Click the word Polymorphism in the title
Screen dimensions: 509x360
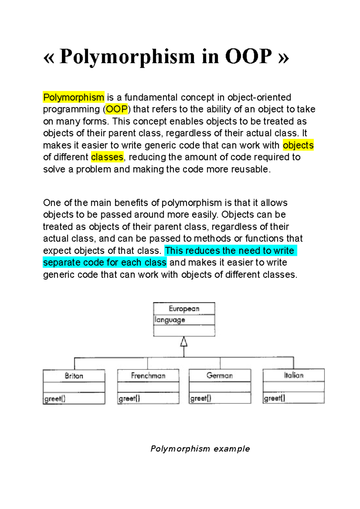(x=127, y=56)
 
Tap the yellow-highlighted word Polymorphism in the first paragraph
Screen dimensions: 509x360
(x=73, y=97)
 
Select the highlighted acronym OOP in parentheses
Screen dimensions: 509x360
(x=117, y=109)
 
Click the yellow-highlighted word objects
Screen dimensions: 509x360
(x=298, y=145)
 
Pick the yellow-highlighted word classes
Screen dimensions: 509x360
(x=107, y=157)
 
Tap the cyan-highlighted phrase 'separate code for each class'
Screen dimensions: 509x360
(x=105, y=263)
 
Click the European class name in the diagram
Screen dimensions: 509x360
(x=184, y=309)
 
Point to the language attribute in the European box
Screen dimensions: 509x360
(x=170, y=320)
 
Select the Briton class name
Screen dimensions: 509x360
(x=74, y=376)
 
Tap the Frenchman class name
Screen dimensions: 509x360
(x=148, y=376)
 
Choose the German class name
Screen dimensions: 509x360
(x=220, y=375)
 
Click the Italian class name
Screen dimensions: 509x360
(x=294, y=375)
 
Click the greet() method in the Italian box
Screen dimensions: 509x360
(x=274, y=398)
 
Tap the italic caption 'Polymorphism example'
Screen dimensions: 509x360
(x=200, y=449)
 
